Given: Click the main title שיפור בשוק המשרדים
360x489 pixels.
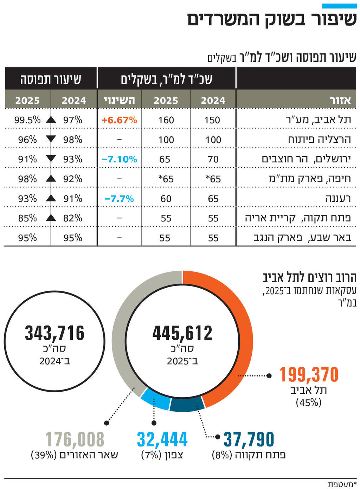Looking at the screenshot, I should coord(272,19).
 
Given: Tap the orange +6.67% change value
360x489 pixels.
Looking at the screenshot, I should coord(119,120).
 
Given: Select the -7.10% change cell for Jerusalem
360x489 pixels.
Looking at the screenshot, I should coord(119,159).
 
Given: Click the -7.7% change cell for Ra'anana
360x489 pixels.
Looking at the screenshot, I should coord(119,199).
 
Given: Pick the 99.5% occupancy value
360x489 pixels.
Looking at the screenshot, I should coord(27,120).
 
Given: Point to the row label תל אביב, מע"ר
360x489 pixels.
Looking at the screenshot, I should coord(318,120).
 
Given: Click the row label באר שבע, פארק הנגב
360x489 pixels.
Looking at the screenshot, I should coord(302,238).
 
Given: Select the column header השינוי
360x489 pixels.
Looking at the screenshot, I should coord(119,101).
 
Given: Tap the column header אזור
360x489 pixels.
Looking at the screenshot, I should coord(340,101).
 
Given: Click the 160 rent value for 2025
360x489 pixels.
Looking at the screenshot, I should coord(166,120).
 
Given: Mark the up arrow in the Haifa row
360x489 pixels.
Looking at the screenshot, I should coord(51,179).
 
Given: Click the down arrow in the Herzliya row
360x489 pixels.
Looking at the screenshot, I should coord(51,139).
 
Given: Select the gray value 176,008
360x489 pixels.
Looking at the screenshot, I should coord(75,440).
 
